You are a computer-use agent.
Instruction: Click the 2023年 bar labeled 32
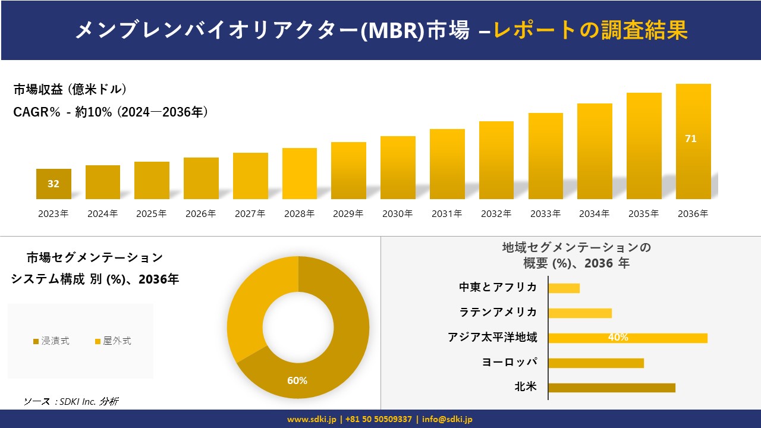pyautogui.click(x=54, y=184)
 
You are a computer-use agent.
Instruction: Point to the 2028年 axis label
pyautogui.click(x=299, y=214)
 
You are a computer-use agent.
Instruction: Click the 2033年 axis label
pyautogui.click(x=545, y=214)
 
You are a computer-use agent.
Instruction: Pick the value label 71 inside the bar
pyautogui.click(x=691, y=139)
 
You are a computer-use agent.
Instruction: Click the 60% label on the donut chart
pyautogui.click(x=297, y=380)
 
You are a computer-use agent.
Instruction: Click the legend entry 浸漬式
pyautogui.click(x=51, y=341)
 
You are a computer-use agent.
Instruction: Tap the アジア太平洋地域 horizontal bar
pyautogui.click(x=627, y=338)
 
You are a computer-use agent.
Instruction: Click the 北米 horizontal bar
pyautogui.click(x=611, y=388)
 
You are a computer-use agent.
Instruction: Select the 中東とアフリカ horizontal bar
pyautogui.click(x=564, y=288)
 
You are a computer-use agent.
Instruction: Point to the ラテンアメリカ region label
pyautogui.click(x=498, y=313)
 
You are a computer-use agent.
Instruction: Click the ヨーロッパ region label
pyautogui.click(x=510, y=363)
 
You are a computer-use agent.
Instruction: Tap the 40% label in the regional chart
pyautogui.click(x=618, y=338)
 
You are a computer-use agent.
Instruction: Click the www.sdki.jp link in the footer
pyautogui.click(x=312, y=419)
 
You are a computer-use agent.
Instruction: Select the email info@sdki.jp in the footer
pyautogui.click(x=447, y=419)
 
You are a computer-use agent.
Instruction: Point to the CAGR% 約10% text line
pyautogui.click(x=111, y=112)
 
